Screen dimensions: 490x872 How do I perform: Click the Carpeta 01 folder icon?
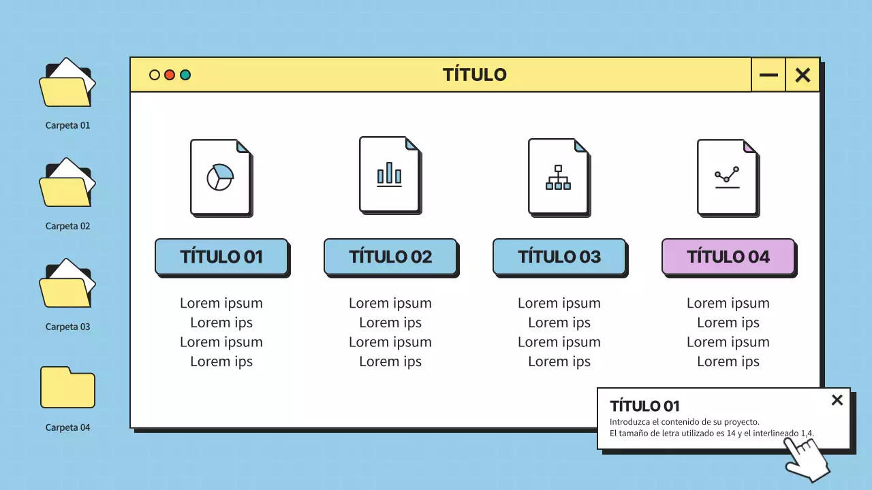click(67, 84)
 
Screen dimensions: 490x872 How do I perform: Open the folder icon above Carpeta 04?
click(67, 387)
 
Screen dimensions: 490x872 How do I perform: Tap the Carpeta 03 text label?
click(67, 327)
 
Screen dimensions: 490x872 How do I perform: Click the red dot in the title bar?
click(170, 75)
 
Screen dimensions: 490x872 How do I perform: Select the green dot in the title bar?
click(185, 75)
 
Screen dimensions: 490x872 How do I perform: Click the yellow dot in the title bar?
click(155, 75)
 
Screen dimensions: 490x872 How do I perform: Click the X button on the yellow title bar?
click(803, 75)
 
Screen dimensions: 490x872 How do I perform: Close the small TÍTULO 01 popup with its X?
click(837, 400)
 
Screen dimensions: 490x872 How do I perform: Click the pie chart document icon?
click(221, 177)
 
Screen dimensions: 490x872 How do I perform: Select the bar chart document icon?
click(390, 174)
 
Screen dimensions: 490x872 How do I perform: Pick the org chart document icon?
click(559, 177)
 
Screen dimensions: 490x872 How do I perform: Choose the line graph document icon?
click(728, 177)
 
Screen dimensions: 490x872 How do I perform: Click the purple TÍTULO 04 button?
click(728, 257)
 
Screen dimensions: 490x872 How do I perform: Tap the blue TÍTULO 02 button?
click(390, 257)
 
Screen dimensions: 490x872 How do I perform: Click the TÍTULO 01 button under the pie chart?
click(221, 257)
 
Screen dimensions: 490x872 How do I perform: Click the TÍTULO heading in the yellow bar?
click(474, 75)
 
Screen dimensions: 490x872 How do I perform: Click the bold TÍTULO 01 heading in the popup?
click(644, 406)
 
